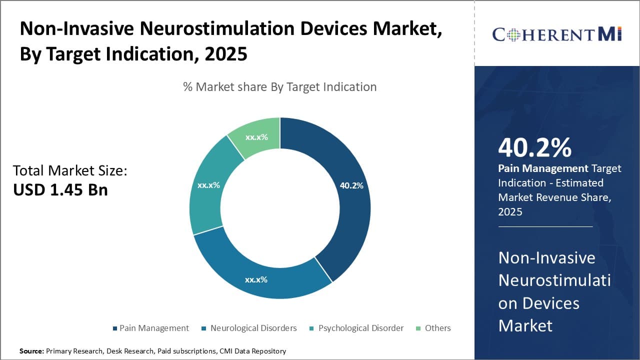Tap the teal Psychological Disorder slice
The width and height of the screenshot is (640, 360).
point(207,190)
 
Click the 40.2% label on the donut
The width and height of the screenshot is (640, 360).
point(351,185)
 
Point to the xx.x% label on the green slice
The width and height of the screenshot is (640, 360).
point(256,137)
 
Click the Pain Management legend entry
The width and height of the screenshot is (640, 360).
point(154,328)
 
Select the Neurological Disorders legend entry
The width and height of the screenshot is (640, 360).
point(253,328)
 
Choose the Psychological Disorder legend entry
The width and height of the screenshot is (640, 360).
point(360,328)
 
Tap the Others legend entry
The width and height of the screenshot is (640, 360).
point(437,328)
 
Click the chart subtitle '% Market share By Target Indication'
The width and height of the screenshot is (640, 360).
point(279,87)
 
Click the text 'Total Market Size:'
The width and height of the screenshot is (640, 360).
point(70,170)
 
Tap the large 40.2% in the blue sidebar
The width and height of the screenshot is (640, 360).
point(534,148)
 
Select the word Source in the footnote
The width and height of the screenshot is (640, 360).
point(31,351)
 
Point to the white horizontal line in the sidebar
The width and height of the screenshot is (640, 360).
point(545,226)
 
